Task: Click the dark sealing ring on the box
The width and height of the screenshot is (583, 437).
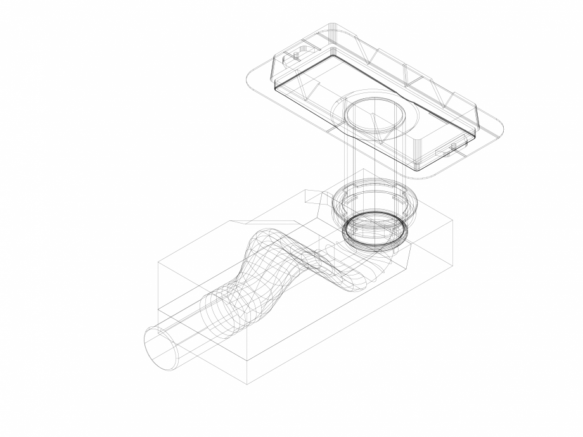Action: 376,229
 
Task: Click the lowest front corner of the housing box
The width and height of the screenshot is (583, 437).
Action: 247,383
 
